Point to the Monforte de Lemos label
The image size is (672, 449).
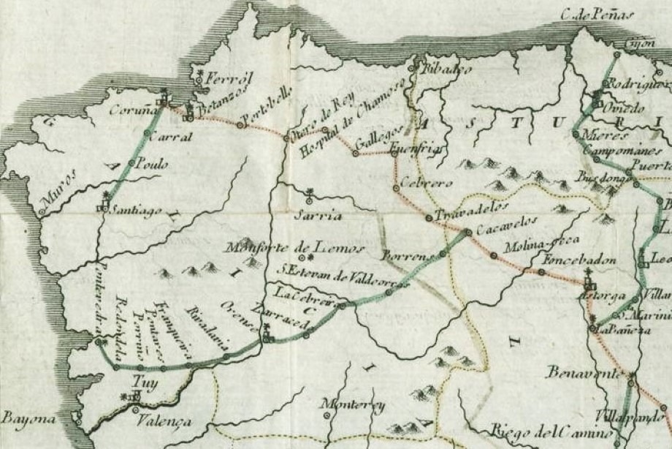pos(294,247)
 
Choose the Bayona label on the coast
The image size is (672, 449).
pos(28,420)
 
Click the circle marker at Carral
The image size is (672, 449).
pos(147,133)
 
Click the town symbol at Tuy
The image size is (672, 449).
pos(134,396)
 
